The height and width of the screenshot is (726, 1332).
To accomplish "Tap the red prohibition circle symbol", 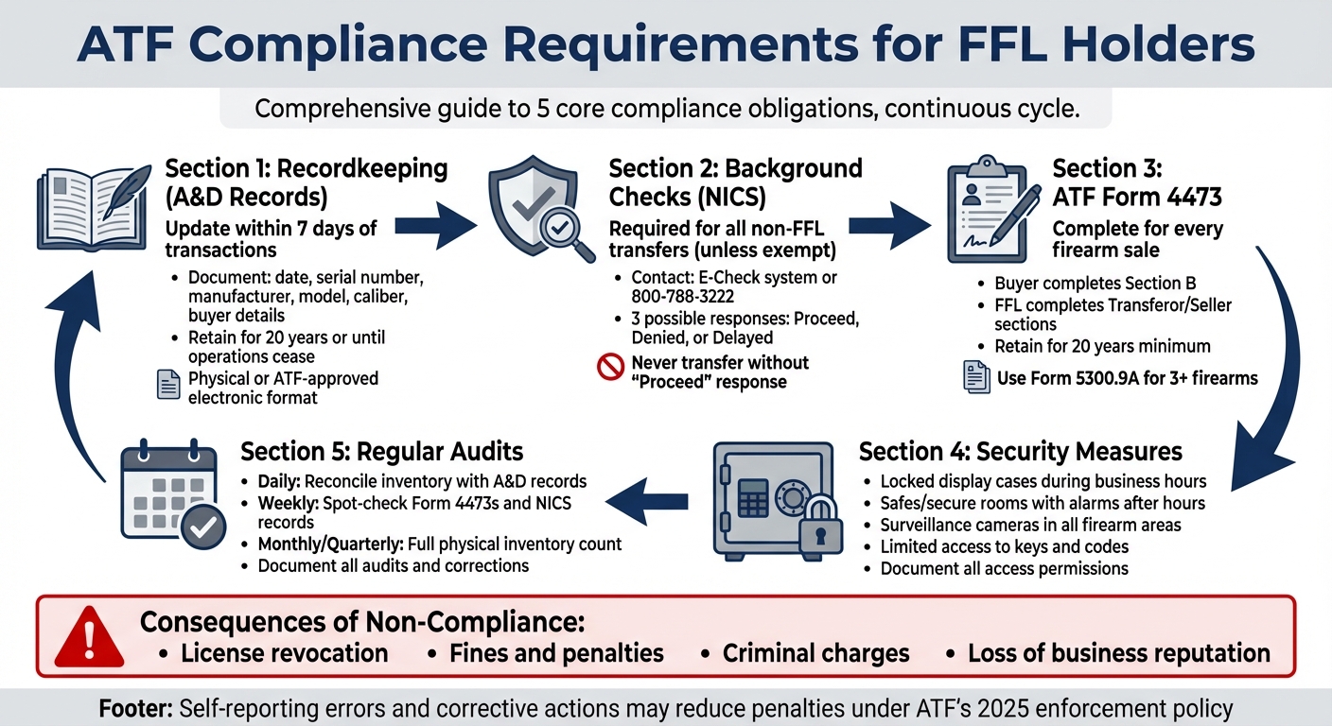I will (611, 366).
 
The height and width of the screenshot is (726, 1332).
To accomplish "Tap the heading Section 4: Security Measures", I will (1020, 451).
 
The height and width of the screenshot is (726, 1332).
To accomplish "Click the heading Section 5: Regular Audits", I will (382, 451).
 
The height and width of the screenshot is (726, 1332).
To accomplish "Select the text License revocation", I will (284, 653).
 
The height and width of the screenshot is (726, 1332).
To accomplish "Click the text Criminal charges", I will (815, 653).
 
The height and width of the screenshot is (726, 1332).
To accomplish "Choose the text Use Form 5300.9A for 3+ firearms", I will (1128, 378).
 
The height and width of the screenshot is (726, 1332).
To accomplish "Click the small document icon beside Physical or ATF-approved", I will (167, 385).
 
